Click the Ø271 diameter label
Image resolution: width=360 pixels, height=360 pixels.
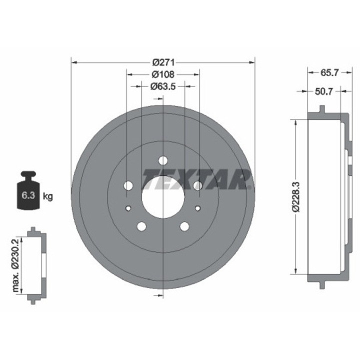163,62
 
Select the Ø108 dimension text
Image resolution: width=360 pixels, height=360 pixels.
163,74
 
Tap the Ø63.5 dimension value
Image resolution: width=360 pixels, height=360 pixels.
163,86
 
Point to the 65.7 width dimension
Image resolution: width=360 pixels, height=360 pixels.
329,73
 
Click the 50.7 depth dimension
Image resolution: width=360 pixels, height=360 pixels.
323,91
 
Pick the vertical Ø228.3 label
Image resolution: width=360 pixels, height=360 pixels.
296,197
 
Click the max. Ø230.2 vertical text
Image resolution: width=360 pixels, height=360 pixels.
15,265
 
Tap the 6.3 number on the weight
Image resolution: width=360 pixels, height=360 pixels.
28,195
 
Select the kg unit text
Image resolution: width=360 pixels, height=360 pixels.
48,196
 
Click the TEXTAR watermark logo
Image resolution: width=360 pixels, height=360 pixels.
196,179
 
